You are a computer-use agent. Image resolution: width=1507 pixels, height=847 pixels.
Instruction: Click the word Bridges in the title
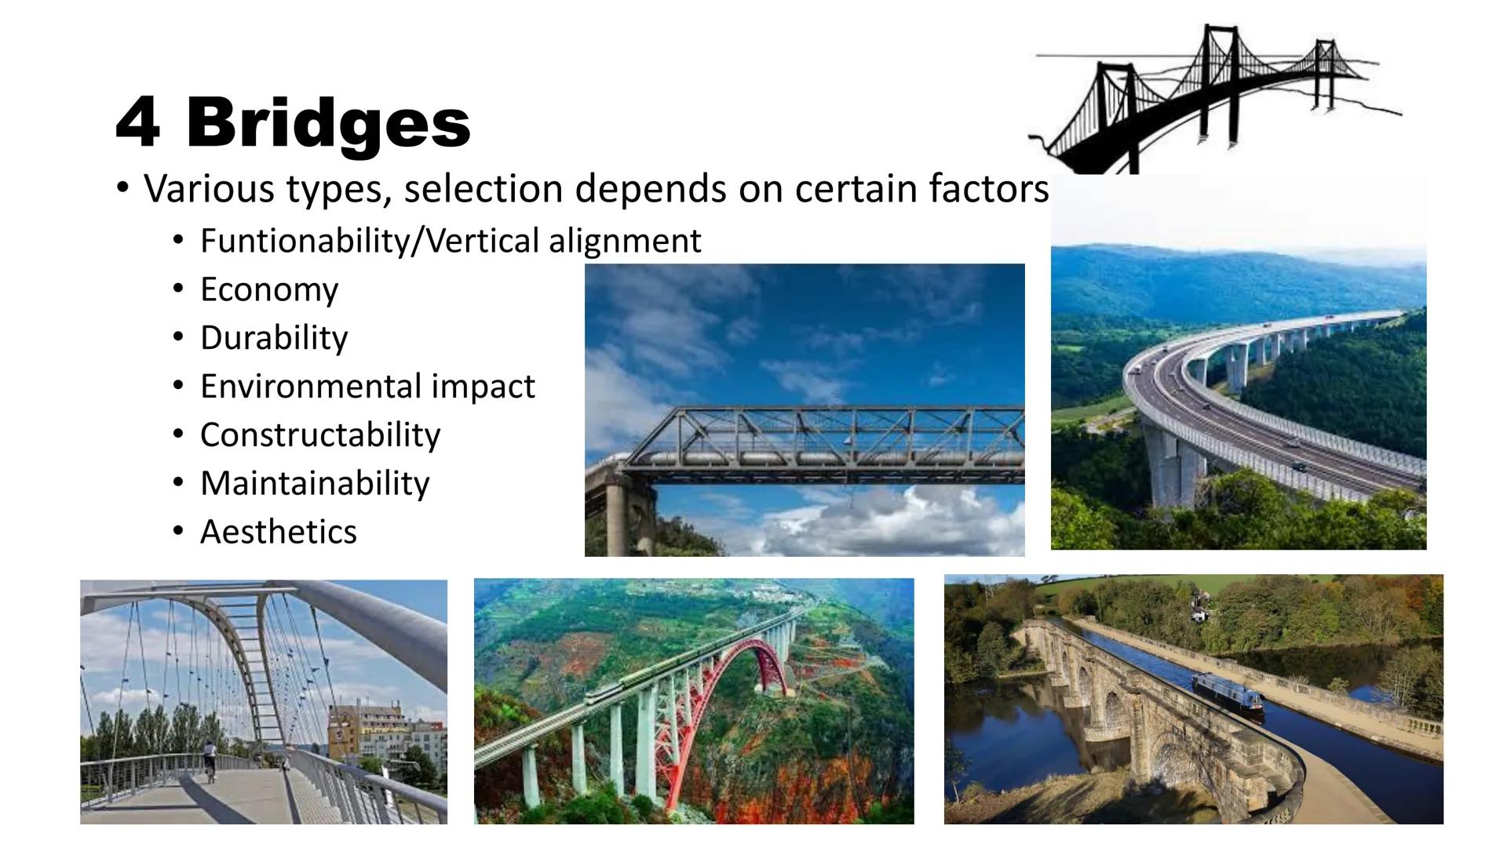point(328,123)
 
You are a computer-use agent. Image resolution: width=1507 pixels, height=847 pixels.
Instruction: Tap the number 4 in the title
point(138,123)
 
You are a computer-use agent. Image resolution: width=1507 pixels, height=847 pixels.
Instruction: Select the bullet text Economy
point(268,289)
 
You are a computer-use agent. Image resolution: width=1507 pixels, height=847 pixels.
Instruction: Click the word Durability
point(273,338)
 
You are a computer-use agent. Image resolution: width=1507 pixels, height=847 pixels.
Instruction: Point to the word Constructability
point(320,434)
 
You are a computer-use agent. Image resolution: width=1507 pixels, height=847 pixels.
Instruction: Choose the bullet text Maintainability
point(315,483)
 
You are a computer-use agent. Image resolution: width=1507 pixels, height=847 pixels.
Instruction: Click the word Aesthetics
point(278,532)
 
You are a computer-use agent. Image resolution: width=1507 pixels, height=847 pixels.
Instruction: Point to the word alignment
point(625,241)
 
